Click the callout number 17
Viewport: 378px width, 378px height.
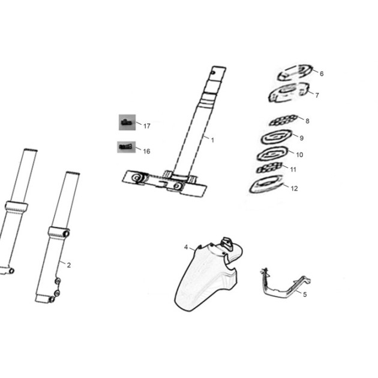coord(147,126)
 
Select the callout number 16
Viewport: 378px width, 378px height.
coord(146,151)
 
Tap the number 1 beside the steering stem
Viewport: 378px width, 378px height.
coord(212,140)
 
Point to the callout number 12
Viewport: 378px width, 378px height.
coord(295,188)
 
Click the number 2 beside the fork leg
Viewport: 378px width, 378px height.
coord(69,265)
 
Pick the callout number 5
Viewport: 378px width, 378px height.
coord(305,295)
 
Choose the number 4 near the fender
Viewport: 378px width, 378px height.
coord(186,247)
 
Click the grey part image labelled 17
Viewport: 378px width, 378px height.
coord(127,122)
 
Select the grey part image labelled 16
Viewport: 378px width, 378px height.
coord(127,147)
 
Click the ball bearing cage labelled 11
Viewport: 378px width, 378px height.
coord(269,168)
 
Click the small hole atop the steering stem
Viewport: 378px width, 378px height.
coord(213,72)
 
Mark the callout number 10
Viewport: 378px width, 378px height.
coord(299,155)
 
